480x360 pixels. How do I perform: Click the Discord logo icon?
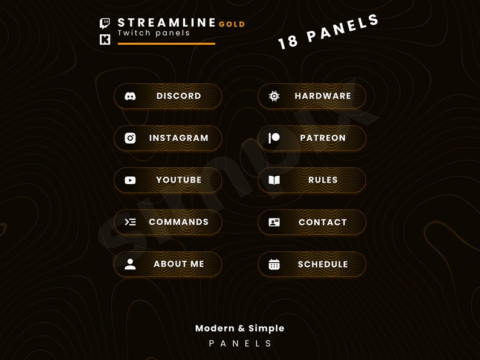[x=130, y=96]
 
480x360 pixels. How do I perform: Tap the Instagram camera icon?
[x=130, y=138]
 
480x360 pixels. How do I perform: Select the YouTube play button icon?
[x=130, y=180]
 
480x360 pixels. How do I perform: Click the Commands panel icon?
[x=130, y=222]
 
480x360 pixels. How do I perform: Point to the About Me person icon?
[x=130, y=264]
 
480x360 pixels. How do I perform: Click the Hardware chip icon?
[x=274, y=96]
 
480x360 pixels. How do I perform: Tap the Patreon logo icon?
[x=274, y=138]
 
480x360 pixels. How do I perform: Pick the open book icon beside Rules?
[x=274, y=180]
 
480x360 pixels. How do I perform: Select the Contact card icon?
[x=274, y=222]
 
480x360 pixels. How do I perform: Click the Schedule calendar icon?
[x=274, y=264]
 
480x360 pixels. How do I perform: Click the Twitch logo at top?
[x=105, y=24]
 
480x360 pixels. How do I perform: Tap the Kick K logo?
[x=105, y=40]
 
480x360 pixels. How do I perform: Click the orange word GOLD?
[x=232, y=25]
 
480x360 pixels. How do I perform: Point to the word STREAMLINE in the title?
[x=167, y=23]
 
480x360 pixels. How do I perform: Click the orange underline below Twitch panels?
[x=166, y=43]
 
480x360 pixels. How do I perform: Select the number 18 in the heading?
[x=288, y=42]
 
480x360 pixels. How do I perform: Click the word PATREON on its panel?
[x=323, y=138]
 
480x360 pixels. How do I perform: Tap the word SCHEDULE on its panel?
[x=323, y=265]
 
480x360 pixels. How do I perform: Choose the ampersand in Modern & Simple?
[x=241, y=329]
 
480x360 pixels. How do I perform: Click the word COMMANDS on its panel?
[x=178, y=222]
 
